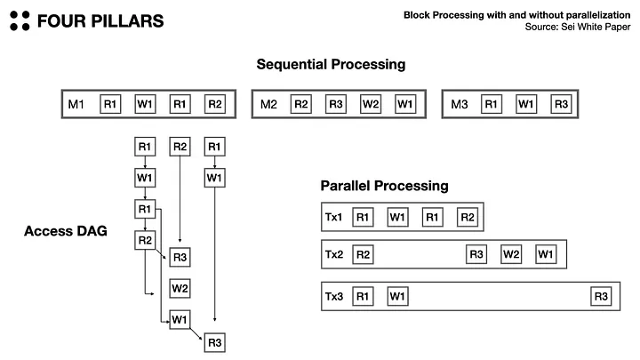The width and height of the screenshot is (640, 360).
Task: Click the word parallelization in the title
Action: pyautogui.click(x=589, y=15)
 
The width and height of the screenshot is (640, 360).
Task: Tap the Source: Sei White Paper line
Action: pyautogui.click(x=577, y=28)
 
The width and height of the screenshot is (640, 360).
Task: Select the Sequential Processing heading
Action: pyautogui.click(x=331, y=65)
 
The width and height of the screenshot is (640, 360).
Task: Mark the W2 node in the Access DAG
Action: pyautogui.click(x=180, y=288)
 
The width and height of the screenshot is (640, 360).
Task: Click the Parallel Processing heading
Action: pyautogui.click(x=384, y=187)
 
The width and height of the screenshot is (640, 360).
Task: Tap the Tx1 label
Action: pyautogui.click(x=333, y=217)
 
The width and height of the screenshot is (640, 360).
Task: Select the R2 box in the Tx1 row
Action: pyautogui.click(x=468, y=217)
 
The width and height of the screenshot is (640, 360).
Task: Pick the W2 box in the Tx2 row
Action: pyautogui.click(x=511, y=255)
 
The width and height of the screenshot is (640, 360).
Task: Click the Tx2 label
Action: pyautogui.click(x=333, y=255)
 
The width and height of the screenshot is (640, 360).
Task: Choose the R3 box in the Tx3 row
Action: pyautogui.click(x=602, y=296)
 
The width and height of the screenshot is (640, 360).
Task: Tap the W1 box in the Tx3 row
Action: pyautogui.click(x=396, y=296)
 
